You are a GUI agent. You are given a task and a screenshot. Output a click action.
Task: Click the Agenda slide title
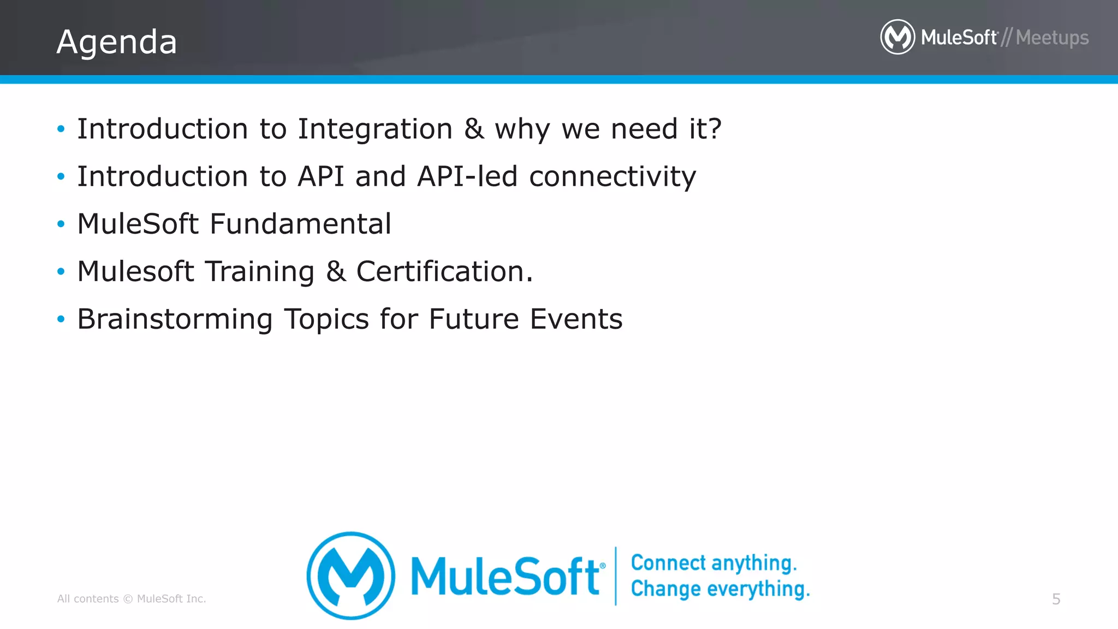117,42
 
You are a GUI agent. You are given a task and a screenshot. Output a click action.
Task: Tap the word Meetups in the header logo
1052,38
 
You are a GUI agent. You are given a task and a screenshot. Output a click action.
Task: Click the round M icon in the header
897,37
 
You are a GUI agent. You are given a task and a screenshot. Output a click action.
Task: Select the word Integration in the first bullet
375,129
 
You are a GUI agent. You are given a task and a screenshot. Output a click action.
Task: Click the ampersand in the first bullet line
474,129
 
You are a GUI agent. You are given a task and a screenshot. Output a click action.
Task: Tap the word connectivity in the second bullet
612,177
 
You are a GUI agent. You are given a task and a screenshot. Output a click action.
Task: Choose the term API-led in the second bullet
467,176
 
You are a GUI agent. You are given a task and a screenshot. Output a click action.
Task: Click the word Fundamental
300,224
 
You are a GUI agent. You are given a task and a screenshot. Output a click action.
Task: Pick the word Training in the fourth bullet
260,272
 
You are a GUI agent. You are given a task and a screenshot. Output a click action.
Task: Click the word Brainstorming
175,319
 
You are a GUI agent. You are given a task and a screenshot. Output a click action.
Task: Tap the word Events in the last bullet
576,319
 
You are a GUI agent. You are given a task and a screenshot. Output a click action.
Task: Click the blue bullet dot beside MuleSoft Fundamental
61,224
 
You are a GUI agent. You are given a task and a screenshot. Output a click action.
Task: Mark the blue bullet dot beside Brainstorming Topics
61,319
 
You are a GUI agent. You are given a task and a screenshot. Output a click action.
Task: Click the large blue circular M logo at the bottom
350,575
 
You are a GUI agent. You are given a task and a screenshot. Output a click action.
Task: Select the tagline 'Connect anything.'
713,563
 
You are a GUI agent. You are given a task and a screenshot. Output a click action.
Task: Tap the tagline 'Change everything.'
720,589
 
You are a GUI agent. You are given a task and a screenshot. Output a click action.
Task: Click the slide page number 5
1056,599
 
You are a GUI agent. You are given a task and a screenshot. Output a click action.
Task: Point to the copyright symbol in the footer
128,599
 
